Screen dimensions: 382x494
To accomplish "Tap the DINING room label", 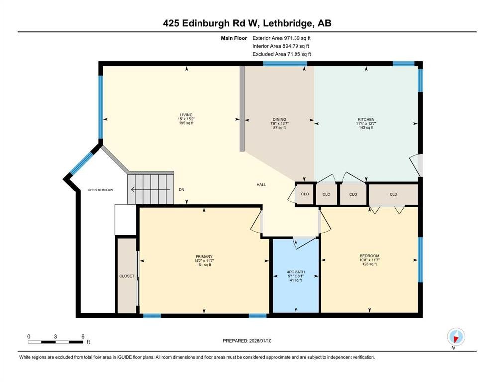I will [278, 119].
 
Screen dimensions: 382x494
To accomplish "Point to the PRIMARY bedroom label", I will [204, 256].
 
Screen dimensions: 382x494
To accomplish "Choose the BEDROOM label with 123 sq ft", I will [369, 256].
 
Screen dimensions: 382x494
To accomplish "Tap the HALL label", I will [261, 185].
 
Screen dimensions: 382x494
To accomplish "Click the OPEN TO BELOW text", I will [100, 190].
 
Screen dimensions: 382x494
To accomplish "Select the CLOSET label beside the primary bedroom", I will [127, 276].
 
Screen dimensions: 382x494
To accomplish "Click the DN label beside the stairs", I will [182, 190].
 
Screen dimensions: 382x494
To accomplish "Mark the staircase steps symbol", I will [151, 189].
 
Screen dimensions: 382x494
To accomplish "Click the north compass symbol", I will [455, 337].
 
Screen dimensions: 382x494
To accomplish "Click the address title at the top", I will [247, 23].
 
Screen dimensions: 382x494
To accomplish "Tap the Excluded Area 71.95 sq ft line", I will [282, 54].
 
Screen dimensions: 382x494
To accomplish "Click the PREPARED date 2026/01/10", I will [247, 341].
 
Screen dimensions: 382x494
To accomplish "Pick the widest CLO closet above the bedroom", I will [393, 194].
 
